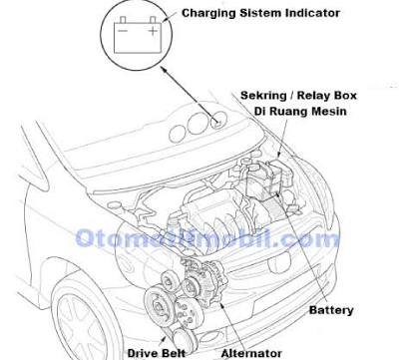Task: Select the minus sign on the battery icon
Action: click(x=123, y=31)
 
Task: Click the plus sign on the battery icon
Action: click(x=153, y=31)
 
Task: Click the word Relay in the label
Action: click(x=312, y=96)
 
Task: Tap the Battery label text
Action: click(x=331, y=310)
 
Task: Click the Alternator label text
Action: click(x=251, y=353)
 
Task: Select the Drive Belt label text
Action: click(x=157, y=353)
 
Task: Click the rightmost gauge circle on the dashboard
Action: click(x=218, y=120)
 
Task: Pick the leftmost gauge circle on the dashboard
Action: click(x=178, y=134)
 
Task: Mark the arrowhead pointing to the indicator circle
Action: click(x=164, y=70)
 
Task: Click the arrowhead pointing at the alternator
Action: click(x=222, y=304)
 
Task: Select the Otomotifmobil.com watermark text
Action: click(x=206, y=238)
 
